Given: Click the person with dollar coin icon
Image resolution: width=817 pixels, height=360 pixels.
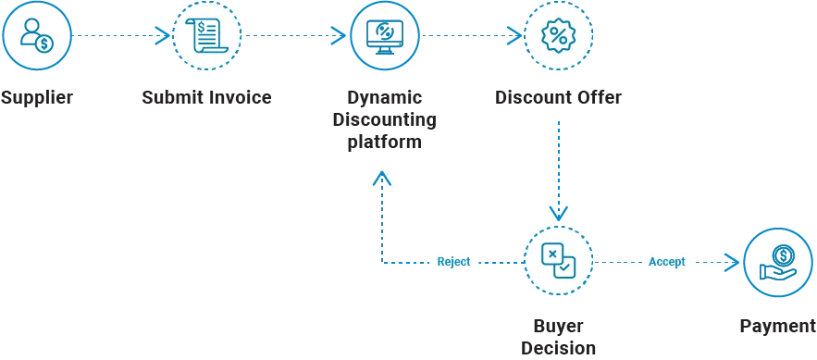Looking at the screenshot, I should click(x=35, y=35).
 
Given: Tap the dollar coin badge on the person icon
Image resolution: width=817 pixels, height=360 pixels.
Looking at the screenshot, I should click(x=44, y=44).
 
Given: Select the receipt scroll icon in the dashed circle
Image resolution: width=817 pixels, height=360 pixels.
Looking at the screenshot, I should click(x=206, y=35).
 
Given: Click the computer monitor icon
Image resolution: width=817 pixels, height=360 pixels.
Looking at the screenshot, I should click(x=384, y=35).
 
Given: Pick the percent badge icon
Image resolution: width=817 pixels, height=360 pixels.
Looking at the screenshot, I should click(x=559, y=35).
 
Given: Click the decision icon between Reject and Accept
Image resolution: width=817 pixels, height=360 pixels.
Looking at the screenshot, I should click(x=559, y=262).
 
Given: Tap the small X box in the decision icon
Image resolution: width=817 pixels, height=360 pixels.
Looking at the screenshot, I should click(x=552, y=254).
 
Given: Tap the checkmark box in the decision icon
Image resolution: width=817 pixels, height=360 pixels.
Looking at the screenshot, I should click(x=565, y=268).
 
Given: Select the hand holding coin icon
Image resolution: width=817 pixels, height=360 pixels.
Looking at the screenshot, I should click(x=779, y=262).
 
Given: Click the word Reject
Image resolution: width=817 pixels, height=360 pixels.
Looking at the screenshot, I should click(x=453, y=262).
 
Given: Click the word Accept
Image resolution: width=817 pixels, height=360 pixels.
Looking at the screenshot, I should click(x=666, y=262).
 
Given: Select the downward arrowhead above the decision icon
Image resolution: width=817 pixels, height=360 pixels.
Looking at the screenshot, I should click(x=559, y=212).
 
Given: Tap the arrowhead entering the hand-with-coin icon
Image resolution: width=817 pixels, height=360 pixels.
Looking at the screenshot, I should click(x=731, y=262).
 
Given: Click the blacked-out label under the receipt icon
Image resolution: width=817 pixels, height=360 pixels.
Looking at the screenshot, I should click(x=206, y=96).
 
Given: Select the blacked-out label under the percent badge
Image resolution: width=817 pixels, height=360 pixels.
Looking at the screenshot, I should click(x=559, y=96).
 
